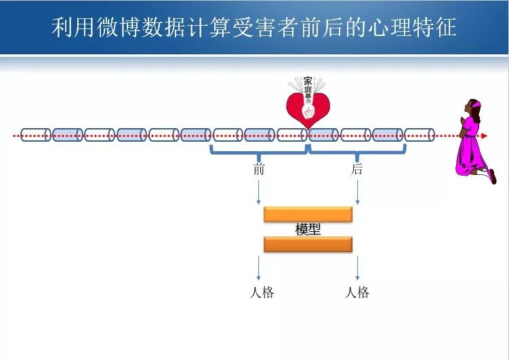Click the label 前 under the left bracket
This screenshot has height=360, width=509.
pos(259,169)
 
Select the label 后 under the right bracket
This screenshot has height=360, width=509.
pos(357,169)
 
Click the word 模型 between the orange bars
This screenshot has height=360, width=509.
pos(308,230)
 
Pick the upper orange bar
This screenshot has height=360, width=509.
pos(308,214)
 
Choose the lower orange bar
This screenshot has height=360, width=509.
pos(308,244)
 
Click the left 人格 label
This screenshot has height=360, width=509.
pos(262,293)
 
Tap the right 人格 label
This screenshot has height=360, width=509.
pos(357,293)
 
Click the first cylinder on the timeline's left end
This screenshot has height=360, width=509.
pos(36,135)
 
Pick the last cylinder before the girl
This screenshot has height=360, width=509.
pos(419,135)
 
